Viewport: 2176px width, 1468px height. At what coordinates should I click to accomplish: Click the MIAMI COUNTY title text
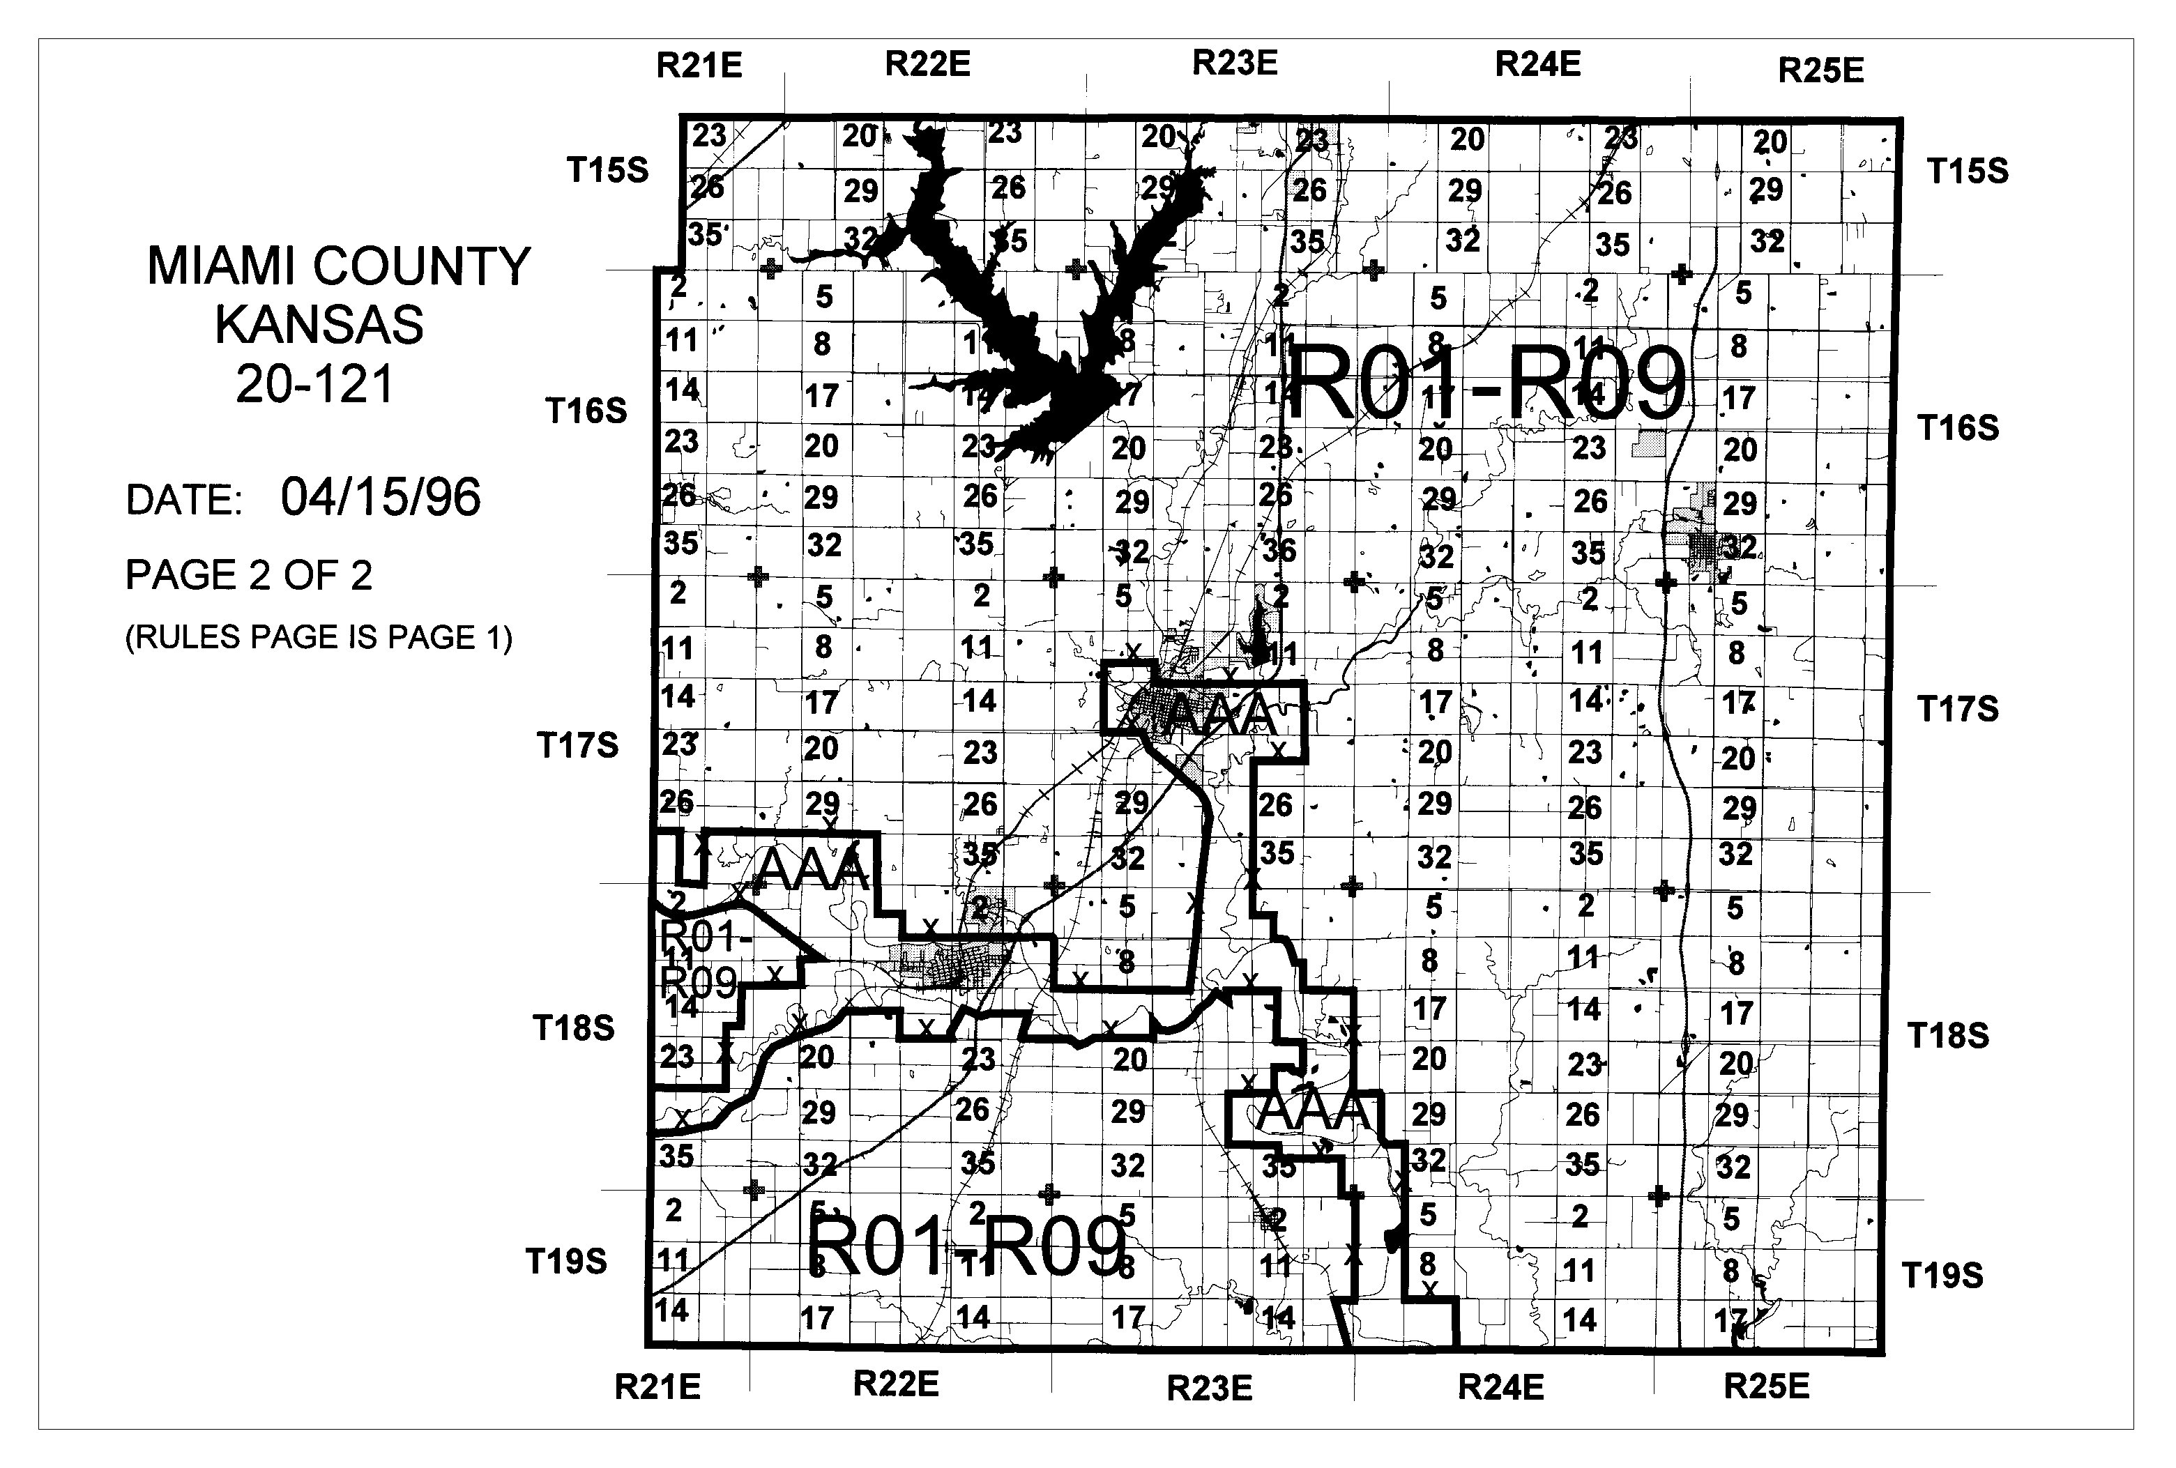click(x=338, y=267)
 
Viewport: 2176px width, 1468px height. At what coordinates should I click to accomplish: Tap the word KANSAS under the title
click(x=319, y=325)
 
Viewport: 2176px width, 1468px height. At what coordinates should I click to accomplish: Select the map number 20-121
click(x=316, y=384)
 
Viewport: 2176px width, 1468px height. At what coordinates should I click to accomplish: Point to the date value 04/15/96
click(x=380, y=497)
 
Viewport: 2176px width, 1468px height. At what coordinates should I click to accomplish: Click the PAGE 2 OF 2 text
click(x=248, y=575)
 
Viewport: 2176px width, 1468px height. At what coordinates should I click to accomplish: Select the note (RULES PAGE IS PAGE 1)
click(x=319, y=638)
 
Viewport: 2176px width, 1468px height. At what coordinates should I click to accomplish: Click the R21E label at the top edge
click(x=699, y=66)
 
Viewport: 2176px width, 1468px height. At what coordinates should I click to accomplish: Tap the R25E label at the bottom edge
click(x=1766, y=1386)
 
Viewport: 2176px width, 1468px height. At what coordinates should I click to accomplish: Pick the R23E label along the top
click(x=1234, y=63)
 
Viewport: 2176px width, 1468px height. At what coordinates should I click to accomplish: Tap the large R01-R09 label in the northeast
click(x=1486, y=383)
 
